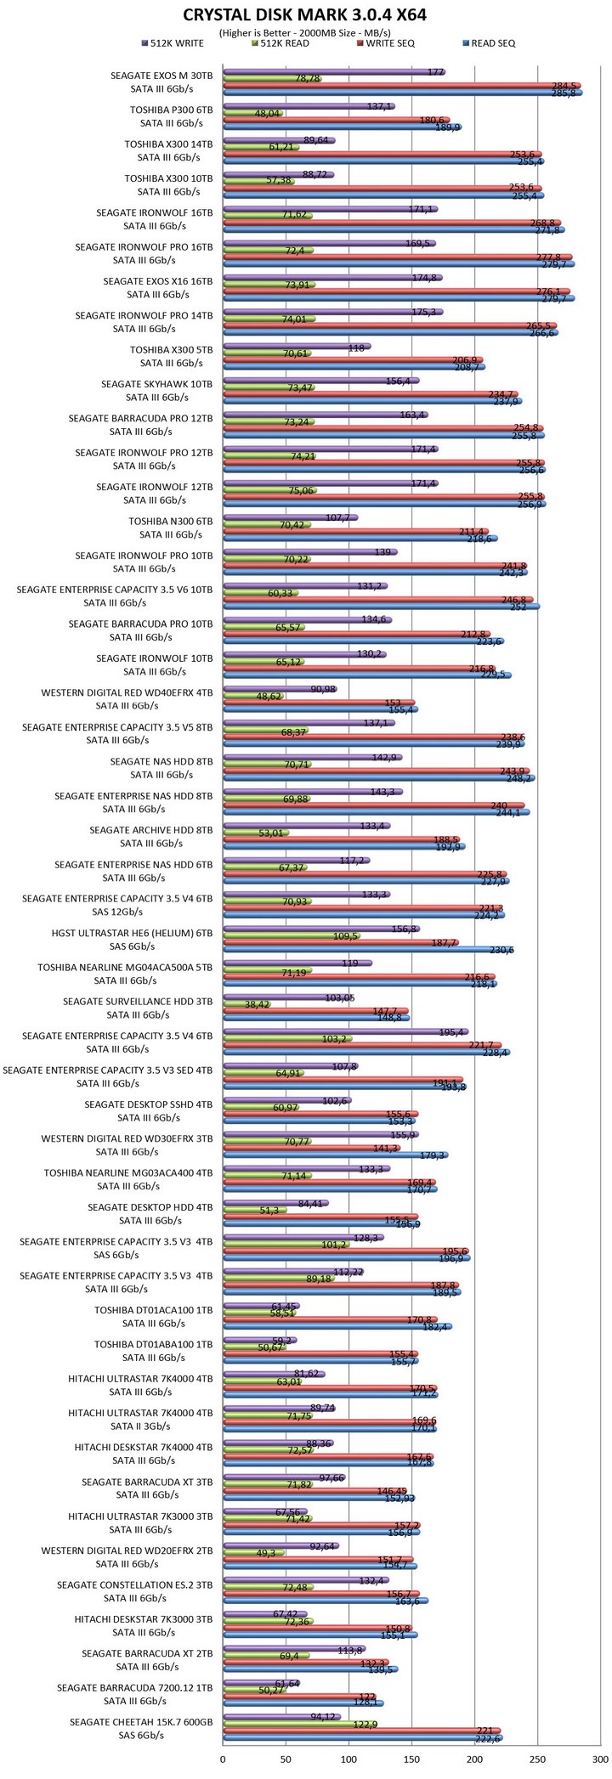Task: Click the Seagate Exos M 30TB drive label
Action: point(161,82)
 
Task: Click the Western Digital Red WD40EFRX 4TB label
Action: point(127,699)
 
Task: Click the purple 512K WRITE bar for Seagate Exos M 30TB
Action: point(331,72)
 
